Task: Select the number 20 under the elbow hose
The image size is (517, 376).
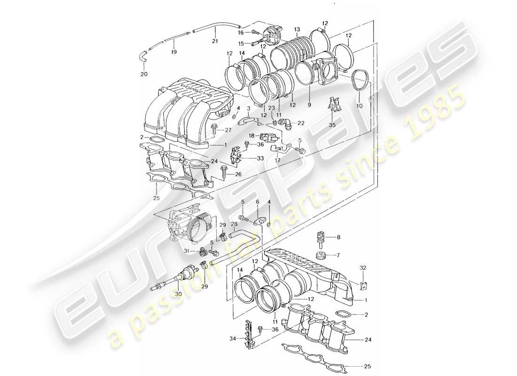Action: (x=144, y=73)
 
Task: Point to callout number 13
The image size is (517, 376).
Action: (x=297, y=30)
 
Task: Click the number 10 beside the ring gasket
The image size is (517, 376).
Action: (x=360, y=106)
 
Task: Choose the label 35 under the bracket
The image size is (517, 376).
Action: (x=332, y=125)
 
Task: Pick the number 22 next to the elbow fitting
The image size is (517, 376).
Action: (x=301, y=123)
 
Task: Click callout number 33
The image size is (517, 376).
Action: (x=259, y=159)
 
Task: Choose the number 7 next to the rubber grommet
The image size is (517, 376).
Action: (x=337, y=256)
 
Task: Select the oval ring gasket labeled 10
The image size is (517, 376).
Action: (x=360, y=84)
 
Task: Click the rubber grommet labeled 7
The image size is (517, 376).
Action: (x=321, y=256)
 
